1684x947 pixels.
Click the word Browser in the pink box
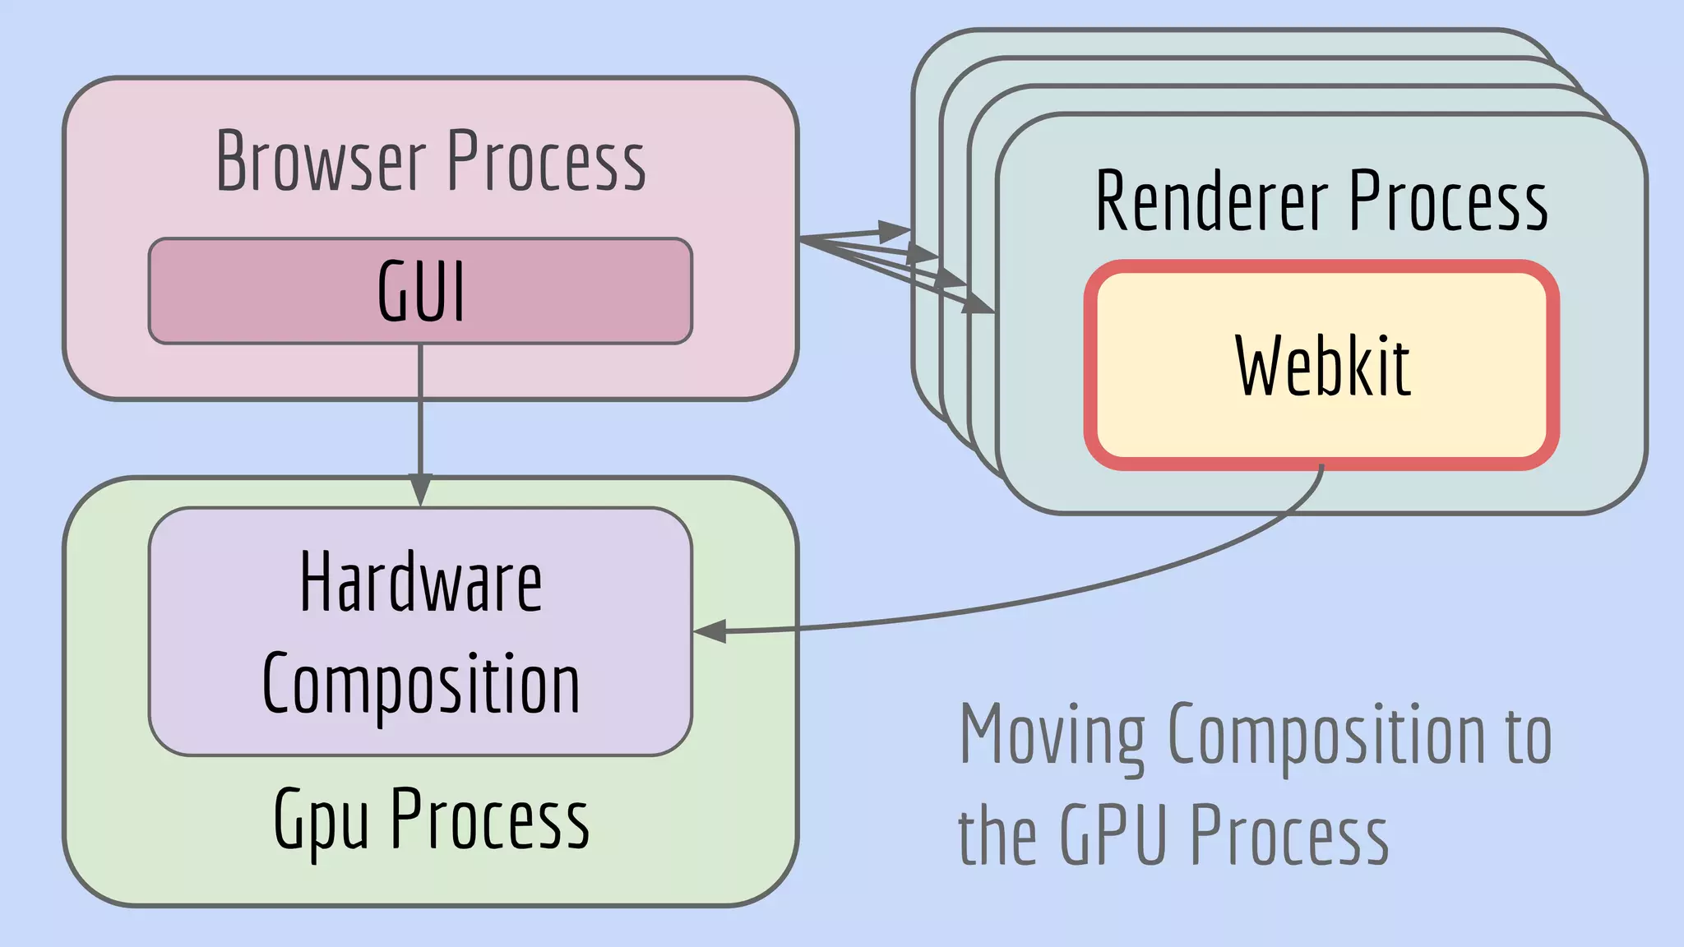(321, 162)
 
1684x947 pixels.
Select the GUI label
(421, 291)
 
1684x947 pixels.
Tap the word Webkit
(1322, 367)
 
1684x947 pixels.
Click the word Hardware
(420, 584)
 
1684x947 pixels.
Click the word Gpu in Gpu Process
(320, 820)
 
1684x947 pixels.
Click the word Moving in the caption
(1052, 734)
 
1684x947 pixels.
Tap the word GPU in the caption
(1113, 834)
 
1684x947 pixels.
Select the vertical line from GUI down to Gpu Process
(420, 411)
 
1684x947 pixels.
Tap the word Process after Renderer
(1448, 201)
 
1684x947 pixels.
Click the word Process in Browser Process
(546, 162)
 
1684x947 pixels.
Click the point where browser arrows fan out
(802, 238)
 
